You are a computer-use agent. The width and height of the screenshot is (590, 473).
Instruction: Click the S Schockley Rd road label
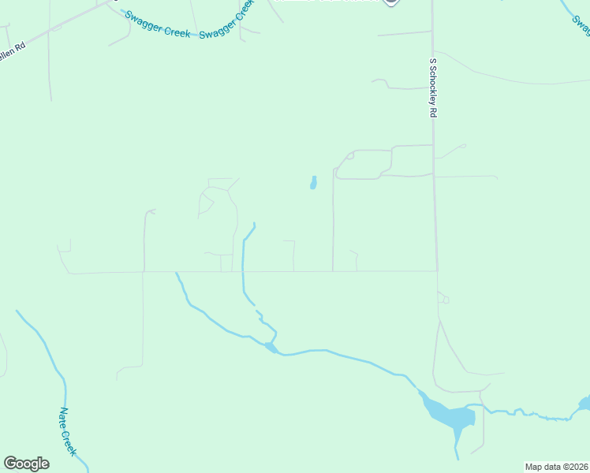click(433, 88)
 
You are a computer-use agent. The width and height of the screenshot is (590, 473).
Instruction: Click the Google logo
click(26, 464)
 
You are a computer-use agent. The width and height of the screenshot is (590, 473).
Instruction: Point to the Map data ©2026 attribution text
click(556, 467)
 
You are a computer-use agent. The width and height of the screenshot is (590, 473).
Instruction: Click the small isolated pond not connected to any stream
click(313, 184)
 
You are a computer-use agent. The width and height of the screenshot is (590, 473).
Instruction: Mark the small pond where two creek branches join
click(271, 346)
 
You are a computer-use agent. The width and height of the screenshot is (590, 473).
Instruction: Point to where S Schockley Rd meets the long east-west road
click(437, 271)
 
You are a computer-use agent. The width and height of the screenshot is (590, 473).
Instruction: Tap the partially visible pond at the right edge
click(584, 404)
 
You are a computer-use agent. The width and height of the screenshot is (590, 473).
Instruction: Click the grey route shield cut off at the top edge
click(390, 2)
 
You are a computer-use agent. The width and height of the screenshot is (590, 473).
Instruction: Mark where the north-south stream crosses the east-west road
click(243, 272)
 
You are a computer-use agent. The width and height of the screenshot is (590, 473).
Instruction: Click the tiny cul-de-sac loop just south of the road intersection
click(444, 300)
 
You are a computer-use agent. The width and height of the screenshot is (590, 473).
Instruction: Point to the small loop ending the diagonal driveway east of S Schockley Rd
click(463, 145)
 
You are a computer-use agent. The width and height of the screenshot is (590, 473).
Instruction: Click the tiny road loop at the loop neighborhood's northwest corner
click(349, 156)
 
